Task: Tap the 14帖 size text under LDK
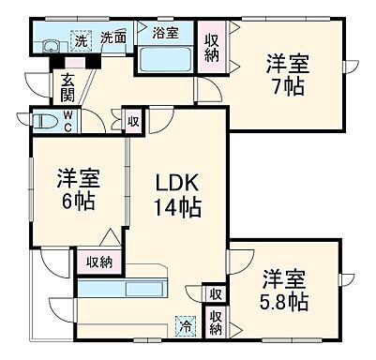177,206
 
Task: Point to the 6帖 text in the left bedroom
77,202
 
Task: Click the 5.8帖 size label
284,303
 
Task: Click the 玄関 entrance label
68,87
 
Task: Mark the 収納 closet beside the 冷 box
216,323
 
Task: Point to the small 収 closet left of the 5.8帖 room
216,294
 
